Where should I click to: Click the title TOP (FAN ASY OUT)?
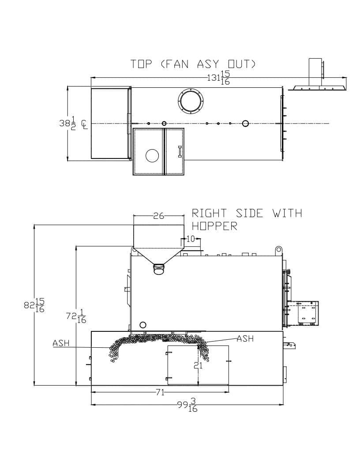pos(193,64)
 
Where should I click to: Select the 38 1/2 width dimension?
pos(67,123)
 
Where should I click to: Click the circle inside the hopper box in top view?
pos(152,155)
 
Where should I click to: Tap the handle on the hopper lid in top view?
pos(180,151)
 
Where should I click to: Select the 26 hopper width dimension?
pos(159,216)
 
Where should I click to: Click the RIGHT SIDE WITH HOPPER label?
pos(247,219)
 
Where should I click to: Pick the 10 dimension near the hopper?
pos(191,239)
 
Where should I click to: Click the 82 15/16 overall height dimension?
pos(34,305)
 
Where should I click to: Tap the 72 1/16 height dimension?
pos(76,316)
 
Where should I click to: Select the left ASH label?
pos(61,343)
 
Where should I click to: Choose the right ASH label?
pos(245,338)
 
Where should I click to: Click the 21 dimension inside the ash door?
pos(198,365)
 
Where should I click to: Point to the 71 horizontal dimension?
pos(160,393)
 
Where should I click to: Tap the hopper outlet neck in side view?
pos(159,269)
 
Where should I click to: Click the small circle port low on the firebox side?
pos(143,324)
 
